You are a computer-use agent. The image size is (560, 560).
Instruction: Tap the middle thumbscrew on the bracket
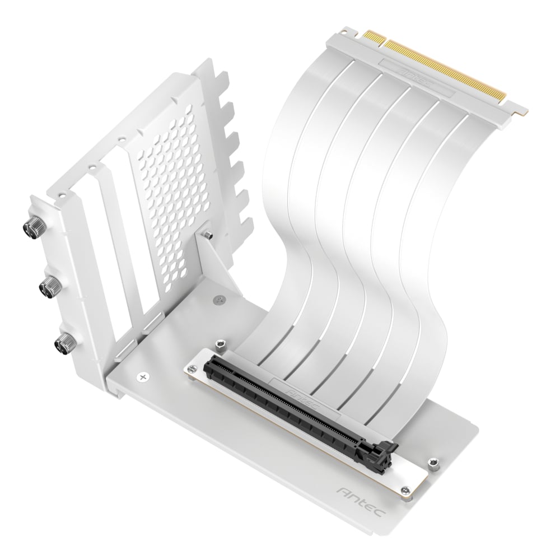[x=46, y=287]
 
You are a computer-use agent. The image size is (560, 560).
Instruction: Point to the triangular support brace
[x=216, y=263]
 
